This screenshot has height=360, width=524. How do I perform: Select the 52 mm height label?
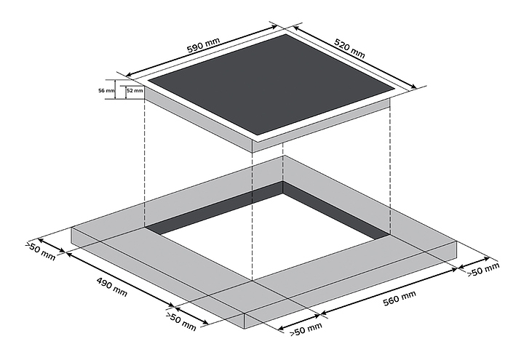pos(134,91)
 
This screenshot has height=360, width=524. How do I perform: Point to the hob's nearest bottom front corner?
pos(252,151)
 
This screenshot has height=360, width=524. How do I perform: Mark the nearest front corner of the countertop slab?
pos(243,326)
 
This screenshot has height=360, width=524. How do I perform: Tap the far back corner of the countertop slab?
pos(285,156)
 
